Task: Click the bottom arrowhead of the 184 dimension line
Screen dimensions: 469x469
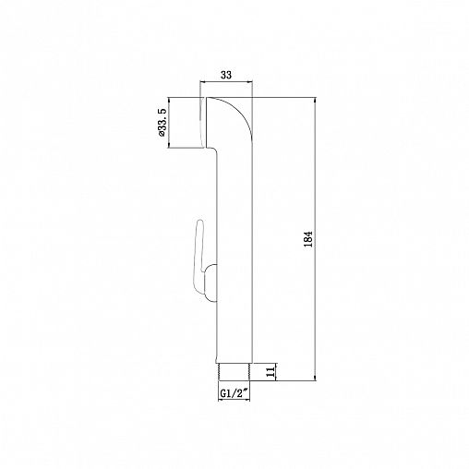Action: pos(319,379)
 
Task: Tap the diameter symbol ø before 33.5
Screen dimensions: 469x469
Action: pos(162,135)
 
